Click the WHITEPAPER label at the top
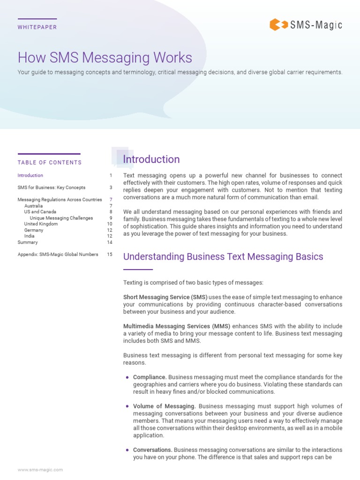pyautogui.click(x=37, y=27)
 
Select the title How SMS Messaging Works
pyautogui.click(x=105, y=58)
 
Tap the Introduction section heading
pyautogui.click(x=151, y=159)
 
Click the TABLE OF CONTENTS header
pyautogui.click(x=50, y=163)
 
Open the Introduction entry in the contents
pyautogui.click(x=30, y=175)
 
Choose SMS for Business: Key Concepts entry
pyautogui.click(x=52, y=187)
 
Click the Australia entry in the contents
pyautogui.click(x=33, y=206)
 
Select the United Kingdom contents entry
pyautogui.click(x=41, y=224)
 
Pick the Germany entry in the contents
pyautogui.click(x=34, y=230)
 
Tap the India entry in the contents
pyautogui.click(x=30, y=236)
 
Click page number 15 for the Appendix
pyautogui.click(x=110, y=255)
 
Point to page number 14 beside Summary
pyautogui.click(x=110, y=242)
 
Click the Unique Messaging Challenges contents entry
pyautogui.click(x=61, y=218)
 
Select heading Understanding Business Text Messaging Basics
pyautogui.click(x=223, y=256)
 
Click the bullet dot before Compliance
pyautogui.click(x=127, y=377)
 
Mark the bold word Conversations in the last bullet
pyautogui.click(x=152, y=450)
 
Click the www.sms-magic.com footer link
pyautogui.click(x=40, y=470)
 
